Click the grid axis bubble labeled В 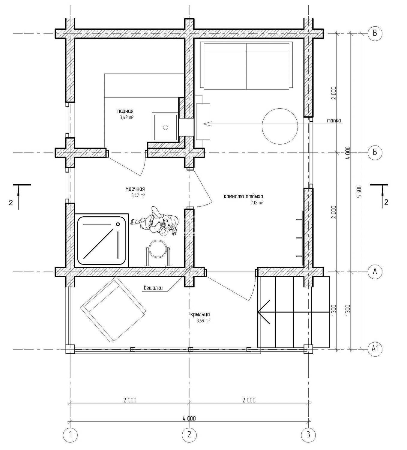(x=375, y=33)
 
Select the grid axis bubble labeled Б (x=375, y=152)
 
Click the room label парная (x=125, y=111)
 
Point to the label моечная (x=135, y=189)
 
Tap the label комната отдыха (x=243, y=196)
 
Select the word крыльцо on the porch (x=200, y=314)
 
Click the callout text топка (x=334, y=121)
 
